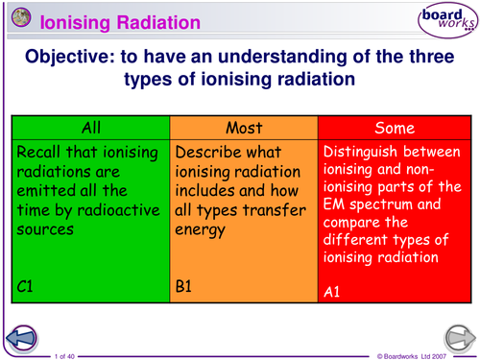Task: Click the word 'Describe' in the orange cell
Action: click(211, 153)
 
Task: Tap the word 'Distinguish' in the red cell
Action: click(363, 154)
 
